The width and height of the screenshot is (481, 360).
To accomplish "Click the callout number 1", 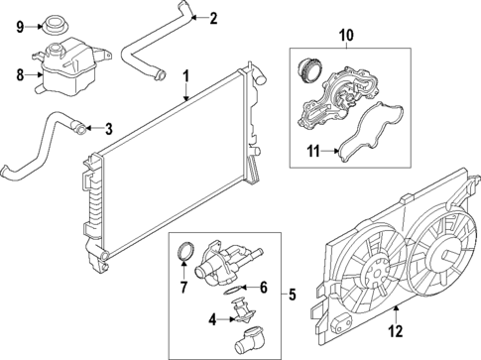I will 185,75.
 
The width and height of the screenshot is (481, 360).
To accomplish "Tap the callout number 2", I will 212,16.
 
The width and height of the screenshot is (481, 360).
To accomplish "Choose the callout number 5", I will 291,295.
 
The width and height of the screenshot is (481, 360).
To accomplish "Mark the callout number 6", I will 263,288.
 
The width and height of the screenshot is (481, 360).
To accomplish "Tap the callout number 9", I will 18,27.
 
